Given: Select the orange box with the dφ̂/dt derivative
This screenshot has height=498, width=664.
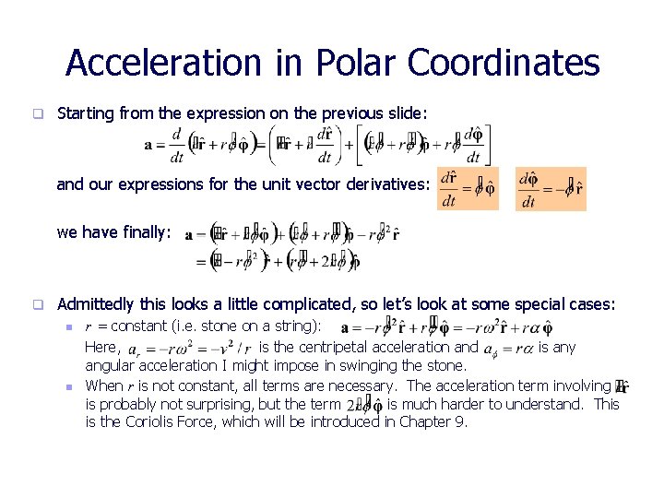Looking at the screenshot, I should coord(551,188).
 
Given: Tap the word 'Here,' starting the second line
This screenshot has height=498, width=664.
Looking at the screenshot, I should coord(101,348).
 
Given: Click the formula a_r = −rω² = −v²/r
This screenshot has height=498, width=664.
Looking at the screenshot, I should coord(188,349).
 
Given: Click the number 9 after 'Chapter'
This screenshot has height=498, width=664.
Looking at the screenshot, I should coord(461,422).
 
